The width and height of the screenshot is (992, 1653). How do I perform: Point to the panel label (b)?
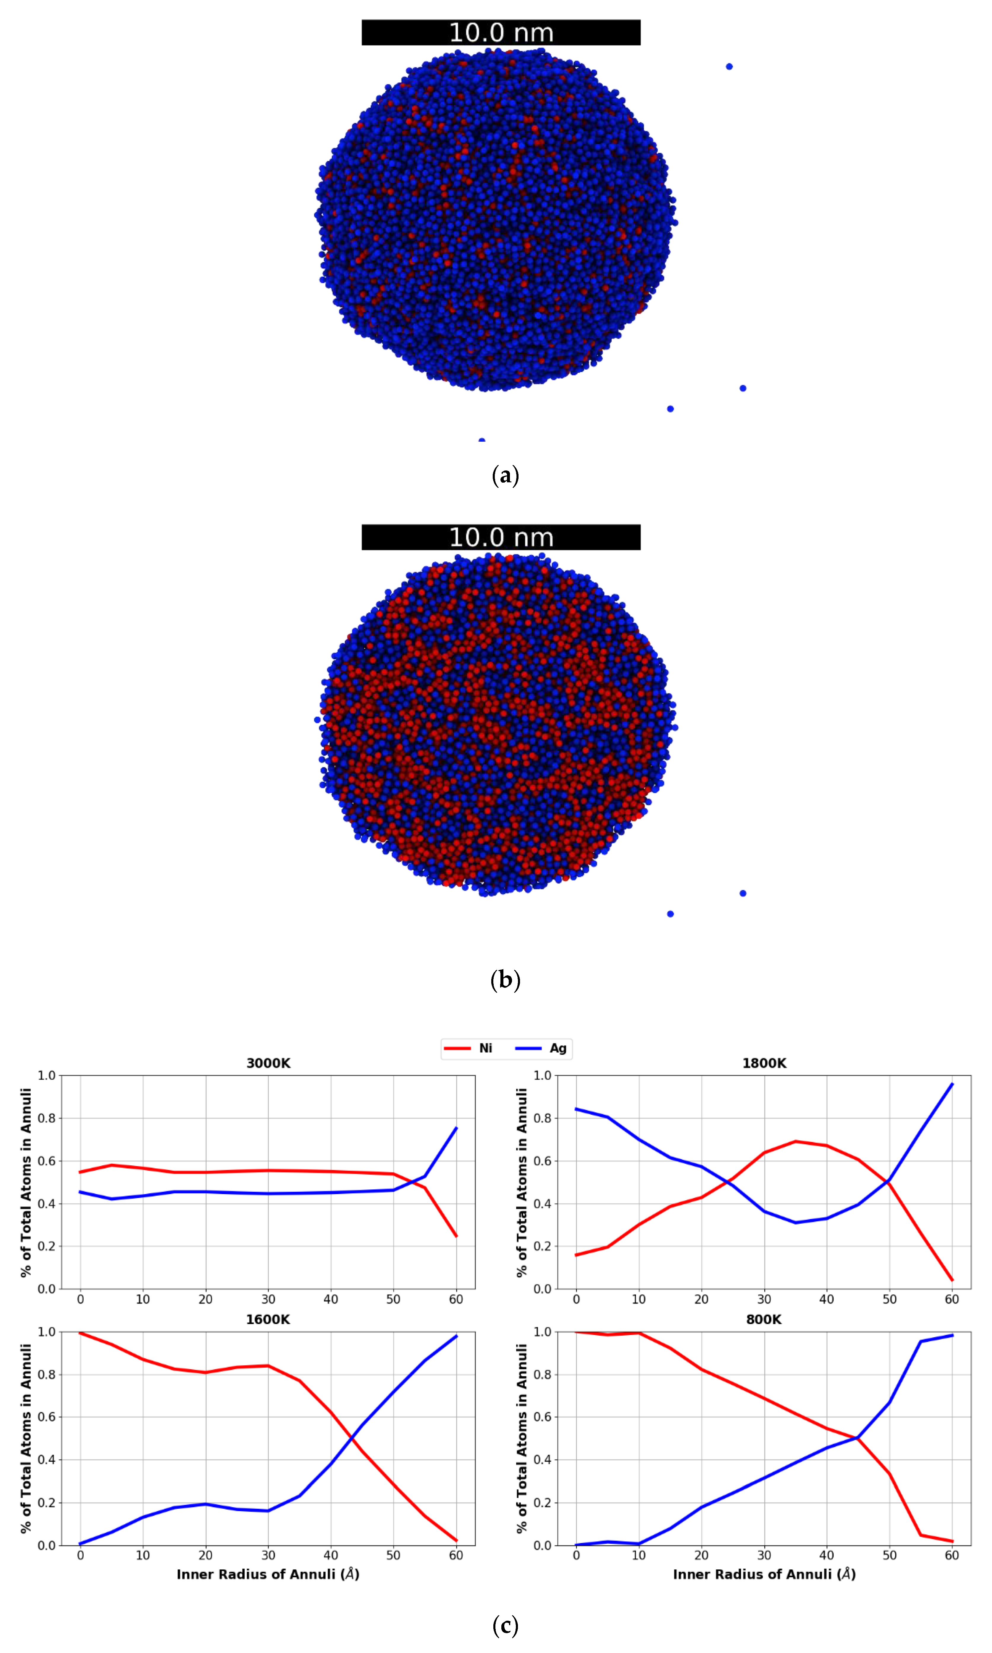(x=505, y=980)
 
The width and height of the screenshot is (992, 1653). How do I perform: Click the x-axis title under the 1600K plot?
(x=268, y=1574)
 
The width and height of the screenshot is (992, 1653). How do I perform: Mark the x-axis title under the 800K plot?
(x=764, y=1574)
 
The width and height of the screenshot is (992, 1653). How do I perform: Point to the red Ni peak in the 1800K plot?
(x=795, y=1142)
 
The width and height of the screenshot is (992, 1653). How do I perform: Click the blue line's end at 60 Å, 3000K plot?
(x=456, y=1128)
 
